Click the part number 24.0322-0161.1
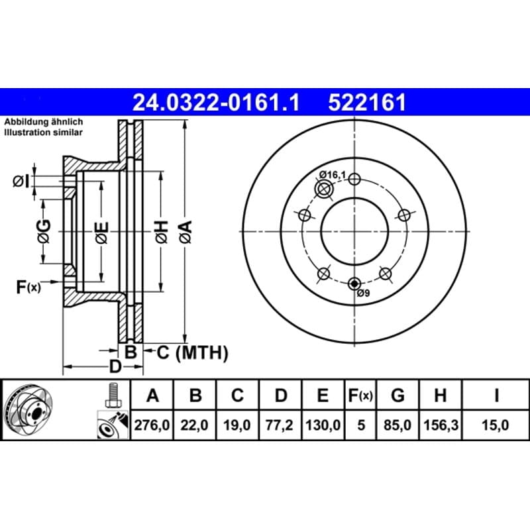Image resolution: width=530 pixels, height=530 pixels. (x=216, y=103)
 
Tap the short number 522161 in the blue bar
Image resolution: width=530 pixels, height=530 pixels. (x=367, y=103)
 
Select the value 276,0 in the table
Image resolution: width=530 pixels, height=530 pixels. (x=152, y=425)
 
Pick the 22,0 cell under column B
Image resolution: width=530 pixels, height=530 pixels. (x=194, y=425)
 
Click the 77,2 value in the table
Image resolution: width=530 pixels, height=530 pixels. (x=280, y=425)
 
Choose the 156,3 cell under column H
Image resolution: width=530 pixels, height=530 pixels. (x=441, y=425)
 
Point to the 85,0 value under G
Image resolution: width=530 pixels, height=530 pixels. (x=397, y=425)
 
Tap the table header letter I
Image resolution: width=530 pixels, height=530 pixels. (x=496, y=395)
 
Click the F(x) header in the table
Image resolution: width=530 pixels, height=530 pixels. (x=360, y=395)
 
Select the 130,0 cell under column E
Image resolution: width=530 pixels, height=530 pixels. (x=323, y=425)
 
